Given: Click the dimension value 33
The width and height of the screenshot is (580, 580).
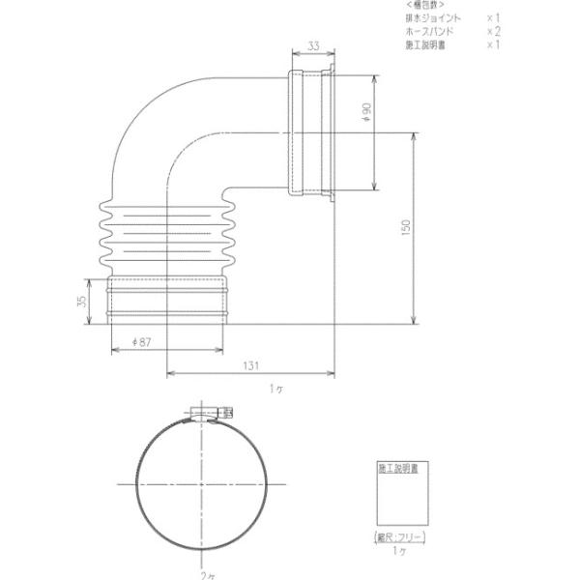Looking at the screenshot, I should pos(314,45).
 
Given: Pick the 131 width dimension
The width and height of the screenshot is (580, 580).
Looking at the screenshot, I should pos(251,365).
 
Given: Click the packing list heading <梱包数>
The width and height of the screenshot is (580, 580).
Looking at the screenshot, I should pos(427,6).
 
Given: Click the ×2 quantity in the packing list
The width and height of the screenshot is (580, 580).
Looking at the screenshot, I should pos(492,32).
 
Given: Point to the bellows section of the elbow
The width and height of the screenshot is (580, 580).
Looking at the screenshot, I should pos(167,236).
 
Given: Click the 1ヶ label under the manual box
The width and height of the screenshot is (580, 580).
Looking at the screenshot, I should pos(399,549).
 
